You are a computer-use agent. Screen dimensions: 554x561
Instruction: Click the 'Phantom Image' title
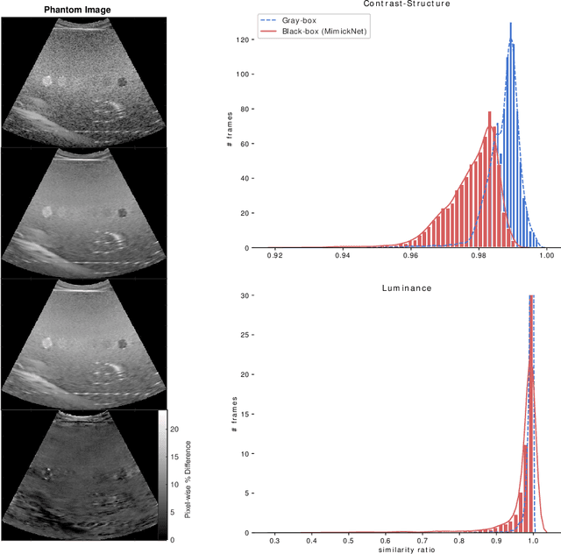tap(83, 10)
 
